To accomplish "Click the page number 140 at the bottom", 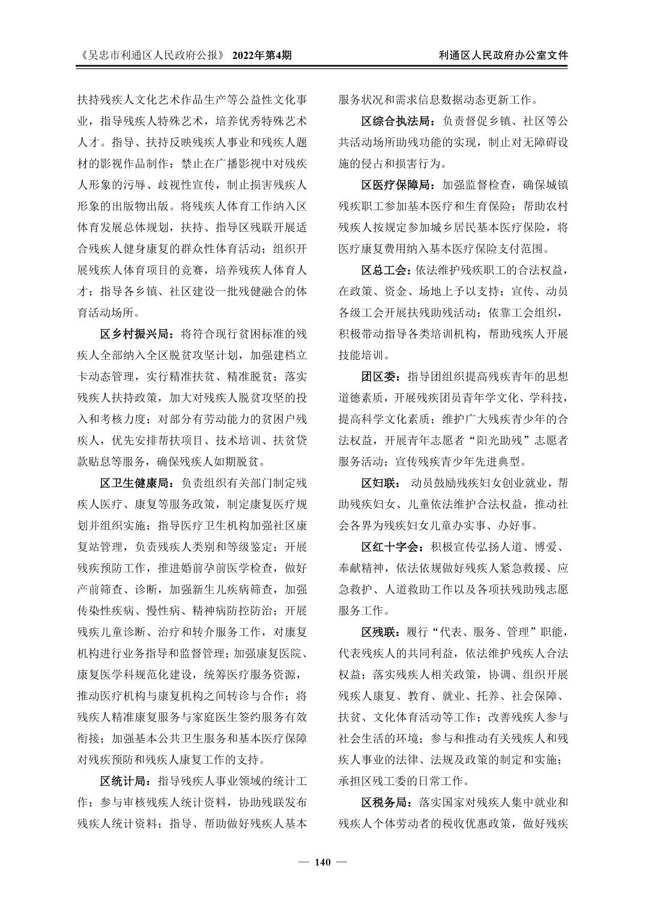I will (x=322, y=863).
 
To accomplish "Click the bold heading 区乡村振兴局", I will (x=136, y=333).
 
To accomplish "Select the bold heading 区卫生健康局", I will (x=136, y=483).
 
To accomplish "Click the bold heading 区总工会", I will (x=386, y=270).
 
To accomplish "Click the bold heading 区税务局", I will (x=386, y=802).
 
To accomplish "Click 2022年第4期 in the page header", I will (x=262, y=55).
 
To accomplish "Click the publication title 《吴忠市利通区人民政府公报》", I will (x=151, y=55).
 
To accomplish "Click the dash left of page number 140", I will (x=303, y=863).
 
